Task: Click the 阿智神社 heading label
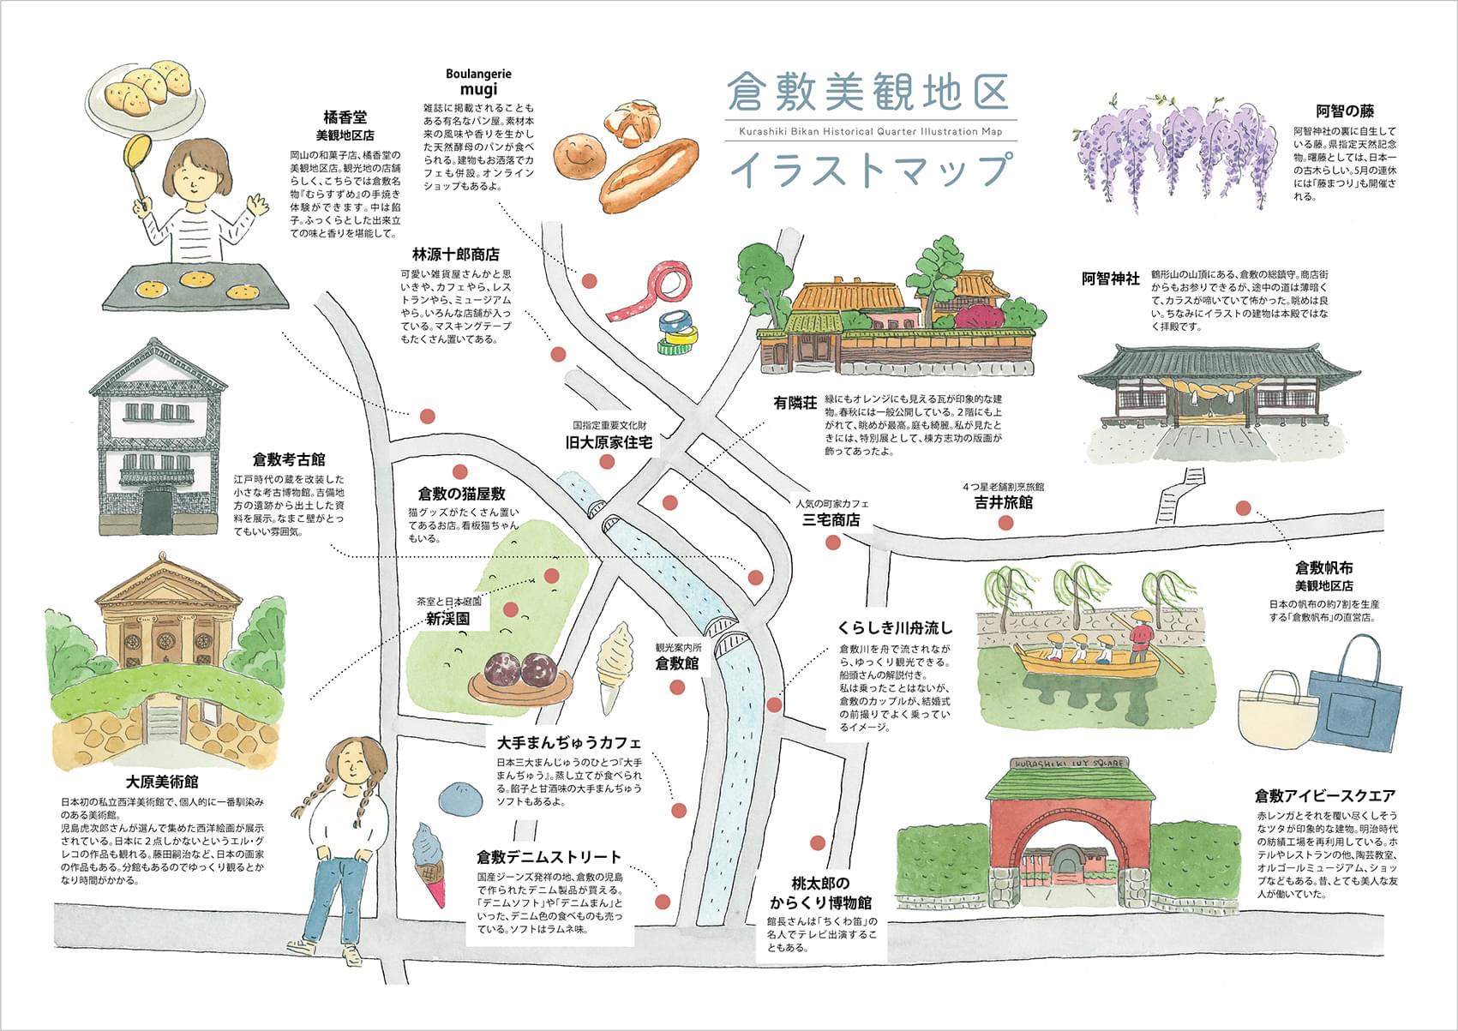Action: [1111, 279]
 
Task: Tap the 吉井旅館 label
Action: [1003, 502]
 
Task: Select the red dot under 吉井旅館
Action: [1005, 523]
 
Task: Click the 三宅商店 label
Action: [831, 520]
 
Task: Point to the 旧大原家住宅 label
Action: [609, 442]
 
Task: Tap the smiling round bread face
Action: [580, 156]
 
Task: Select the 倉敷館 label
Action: [677, 663]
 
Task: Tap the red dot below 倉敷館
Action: [677, 687]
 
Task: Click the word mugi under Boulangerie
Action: [478, 89]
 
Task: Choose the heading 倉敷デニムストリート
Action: [549, 856]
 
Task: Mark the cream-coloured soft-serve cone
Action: [614, 667]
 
